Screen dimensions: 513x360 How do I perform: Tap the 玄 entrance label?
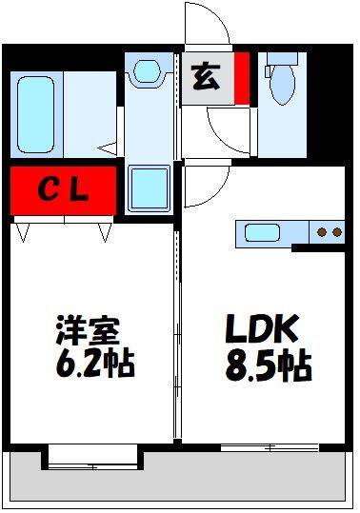(x=205, y=75)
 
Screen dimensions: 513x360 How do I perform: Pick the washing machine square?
(x=149, y=188)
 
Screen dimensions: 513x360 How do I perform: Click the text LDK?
(x=262, y=332)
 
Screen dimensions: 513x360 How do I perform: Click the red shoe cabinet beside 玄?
(x=242, y=76)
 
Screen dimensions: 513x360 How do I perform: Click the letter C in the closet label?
(x=47, y=191)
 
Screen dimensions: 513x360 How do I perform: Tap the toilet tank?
(x=281, y=58)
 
